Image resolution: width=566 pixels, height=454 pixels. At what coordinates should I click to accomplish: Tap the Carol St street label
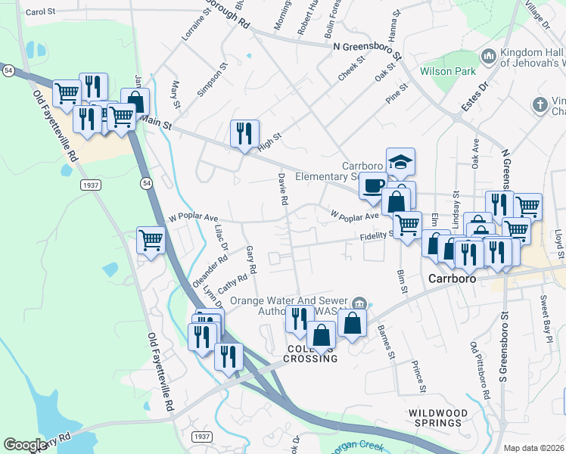pos(41,12)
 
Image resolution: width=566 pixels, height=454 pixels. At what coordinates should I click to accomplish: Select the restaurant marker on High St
pos(244,134)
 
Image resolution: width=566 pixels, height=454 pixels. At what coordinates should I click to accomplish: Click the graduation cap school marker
pos(400,162)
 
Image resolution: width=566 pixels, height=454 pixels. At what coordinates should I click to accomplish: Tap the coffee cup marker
pos(372,186)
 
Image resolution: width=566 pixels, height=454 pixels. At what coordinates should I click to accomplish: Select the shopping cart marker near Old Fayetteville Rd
pos(151,241)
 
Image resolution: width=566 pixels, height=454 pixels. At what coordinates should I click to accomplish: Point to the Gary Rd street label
pos(252,260)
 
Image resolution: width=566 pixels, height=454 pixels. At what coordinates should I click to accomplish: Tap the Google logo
pos(25,445)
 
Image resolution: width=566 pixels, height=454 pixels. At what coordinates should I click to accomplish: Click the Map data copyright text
pos(533,448)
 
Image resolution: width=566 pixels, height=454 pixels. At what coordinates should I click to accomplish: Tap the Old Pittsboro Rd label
pos(479,372)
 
